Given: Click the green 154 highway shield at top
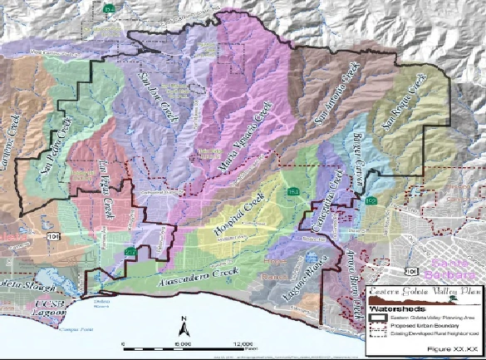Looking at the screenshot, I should (x=110, y=7).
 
